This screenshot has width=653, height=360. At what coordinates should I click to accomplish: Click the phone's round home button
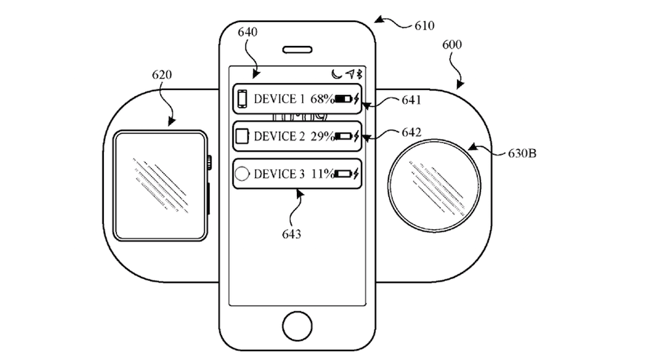coord(298,325)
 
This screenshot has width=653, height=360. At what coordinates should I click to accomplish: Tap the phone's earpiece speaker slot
coord(298,50)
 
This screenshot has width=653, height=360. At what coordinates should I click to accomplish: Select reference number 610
coord(423,26)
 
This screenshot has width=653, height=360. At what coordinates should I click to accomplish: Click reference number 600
coord(452,45)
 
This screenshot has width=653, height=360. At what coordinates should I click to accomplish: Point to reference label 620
coord(162,75)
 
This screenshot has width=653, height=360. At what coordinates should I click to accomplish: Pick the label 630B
coord(522,153)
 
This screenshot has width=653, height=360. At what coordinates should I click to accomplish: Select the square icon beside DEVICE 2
coord(242,136)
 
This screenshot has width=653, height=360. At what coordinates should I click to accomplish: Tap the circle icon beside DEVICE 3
coord(242,174)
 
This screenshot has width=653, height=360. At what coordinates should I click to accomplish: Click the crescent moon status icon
coord(335,74)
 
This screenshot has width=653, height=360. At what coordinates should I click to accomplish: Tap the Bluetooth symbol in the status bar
coord(358,74)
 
